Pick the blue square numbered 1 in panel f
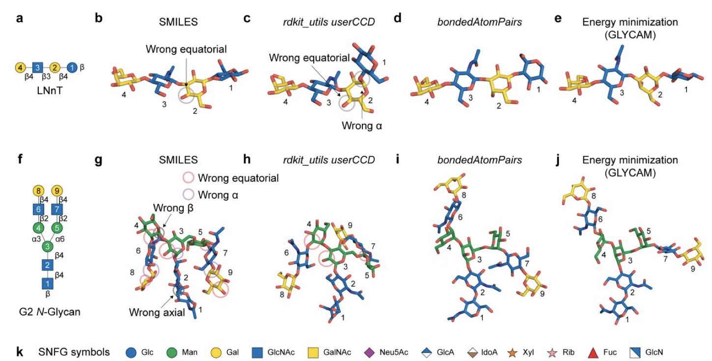pyautogui.click(x=47, y=283)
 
